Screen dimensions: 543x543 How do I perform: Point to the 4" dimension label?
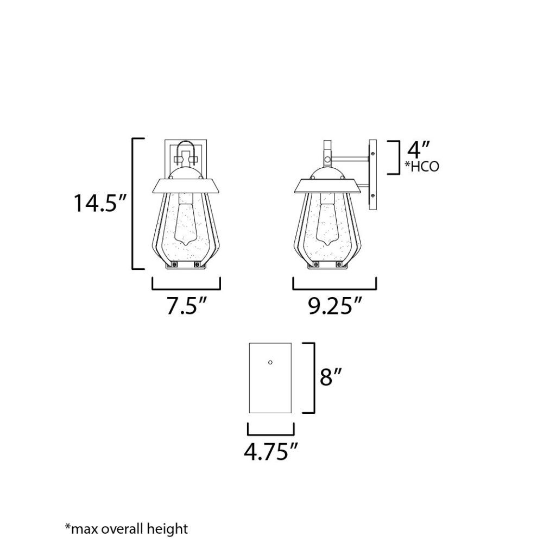click(418, 150)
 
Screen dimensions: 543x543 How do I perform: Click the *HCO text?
click(422, 167)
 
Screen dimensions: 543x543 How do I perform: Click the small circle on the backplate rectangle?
click(270, 362)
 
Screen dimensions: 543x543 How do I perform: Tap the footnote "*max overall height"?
click(127, 529)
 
